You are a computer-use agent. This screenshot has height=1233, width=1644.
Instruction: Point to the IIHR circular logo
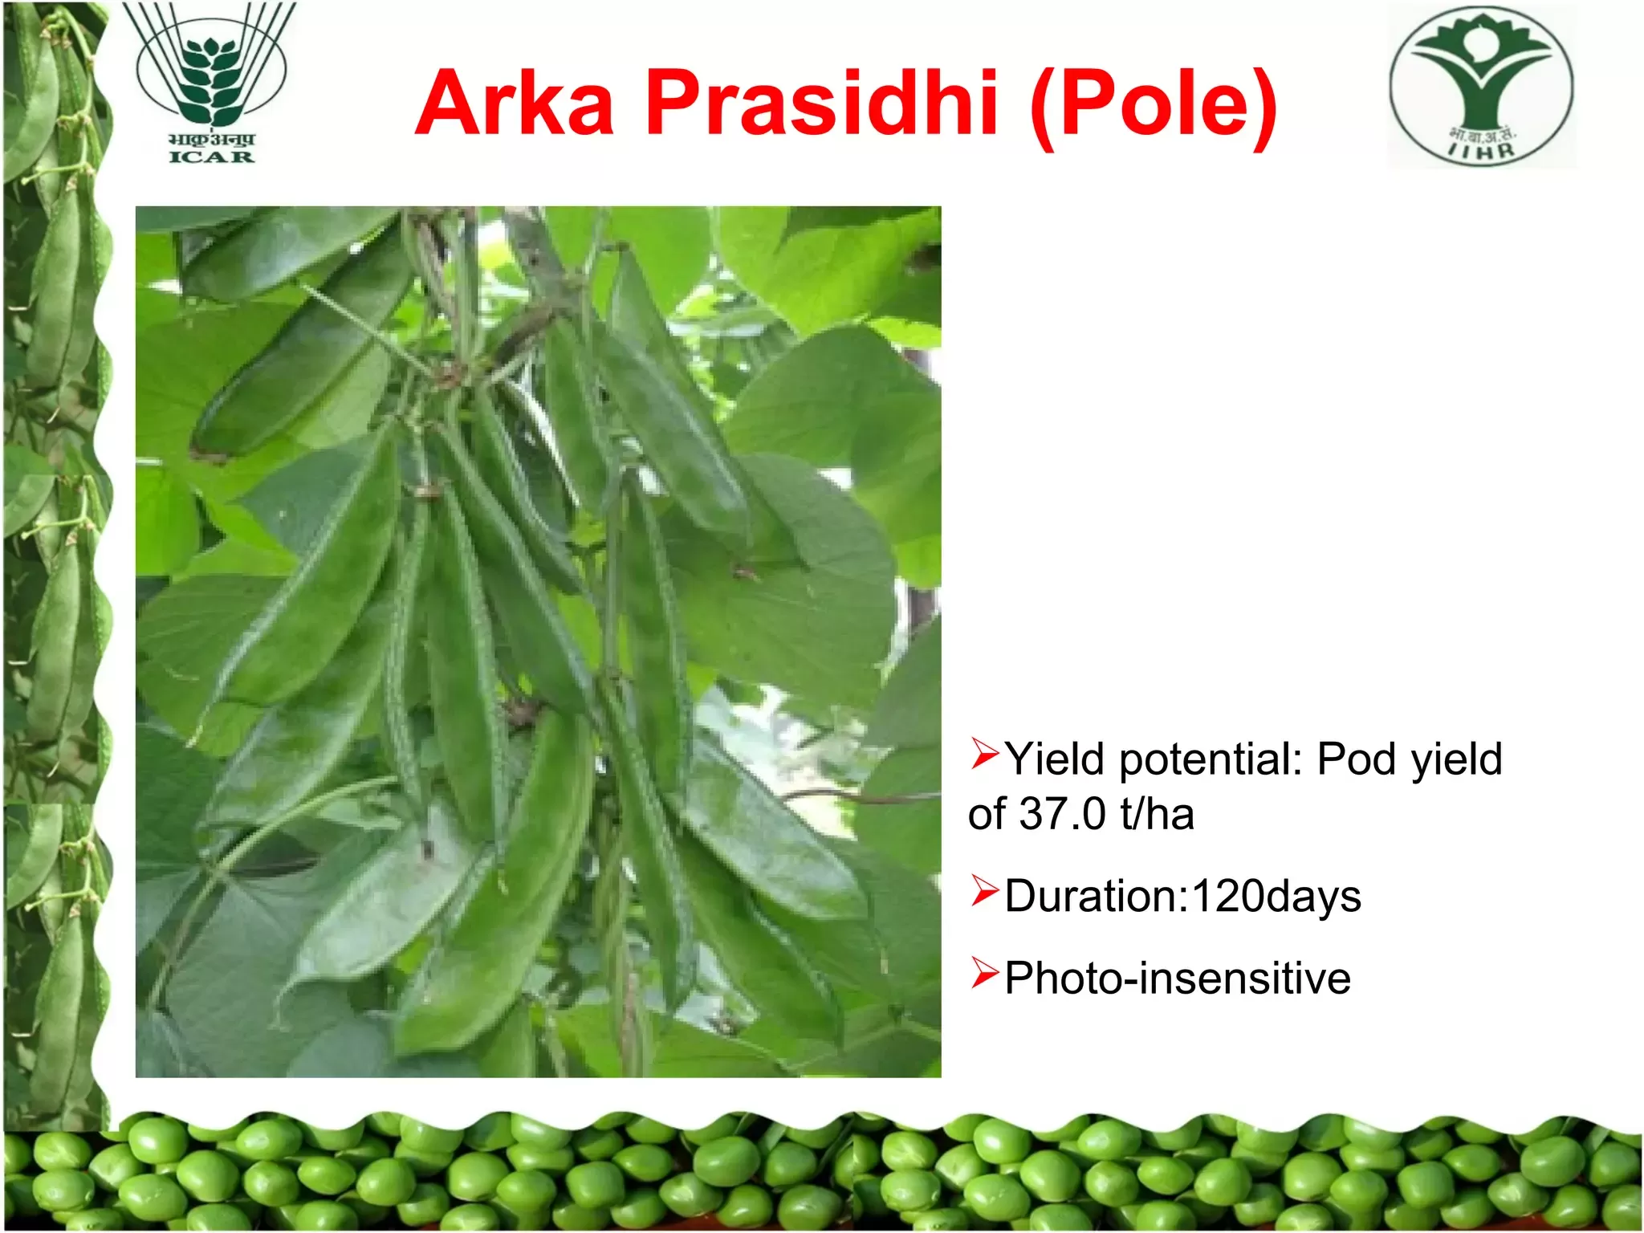(x=1482, y=87)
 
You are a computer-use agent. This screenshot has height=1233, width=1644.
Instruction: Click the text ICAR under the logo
(x=211, y=157)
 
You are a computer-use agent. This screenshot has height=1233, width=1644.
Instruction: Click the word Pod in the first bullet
(x=1357, y=759)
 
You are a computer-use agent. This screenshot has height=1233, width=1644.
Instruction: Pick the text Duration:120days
(x=1183, y=897)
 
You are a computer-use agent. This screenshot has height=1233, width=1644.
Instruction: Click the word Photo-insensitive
(x=1178, y=979)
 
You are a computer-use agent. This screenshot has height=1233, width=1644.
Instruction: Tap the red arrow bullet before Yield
(x=984, y=754)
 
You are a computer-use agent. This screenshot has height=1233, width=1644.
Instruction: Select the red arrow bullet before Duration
(x=984, y=890)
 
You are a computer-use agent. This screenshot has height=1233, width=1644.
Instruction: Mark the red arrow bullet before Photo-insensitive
(x=984, y=973)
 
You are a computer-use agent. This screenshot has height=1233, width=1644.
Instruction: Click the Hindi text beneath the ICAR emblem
(x=211, y=139)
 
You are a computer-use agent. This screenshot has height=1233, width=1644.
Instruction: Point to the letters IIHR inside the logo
(x=1483, y=149)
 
